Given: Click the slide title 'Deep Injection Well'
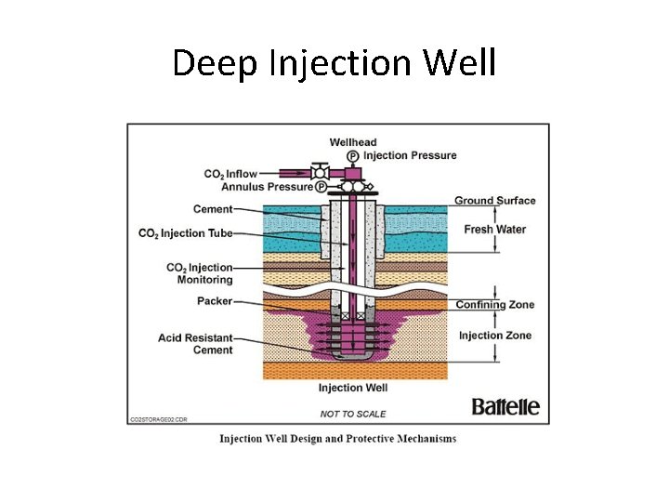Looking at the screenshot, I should click(334, 63).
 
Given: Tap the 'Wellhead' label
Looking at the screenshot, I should click(353, 142).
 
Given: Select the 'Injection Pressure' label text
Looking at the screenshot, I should click(410, 155).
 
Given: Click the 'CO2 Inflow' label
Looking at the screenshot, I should click(230, 174).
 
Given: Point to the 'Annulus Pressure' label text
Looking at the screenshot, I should click(267, 187).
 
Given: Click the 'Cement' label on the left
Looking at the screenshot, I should click(213, 209).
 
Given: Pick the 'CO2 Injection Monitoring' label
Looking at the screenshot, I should click(200, 274).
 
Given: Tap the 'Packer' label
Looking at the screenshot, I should click(215, 301).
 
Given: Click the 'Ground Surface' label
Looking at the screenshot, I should click(495, 201).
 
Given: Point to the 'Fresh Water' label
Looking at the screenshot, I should click(494, 230).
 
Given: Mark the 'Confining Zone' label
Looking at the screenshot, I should click(494, 305).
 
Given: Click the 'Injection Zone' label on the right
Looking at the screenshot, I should click(494, 336).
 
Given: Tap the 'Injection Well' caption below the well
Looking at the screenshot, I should click(353, 388).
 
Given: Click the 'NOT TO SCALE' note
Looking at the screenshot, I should click(353, 414).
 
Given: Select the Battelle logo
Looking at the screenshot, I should click(505, 407).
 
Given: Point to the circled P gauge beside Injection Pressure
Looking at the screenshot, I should click(353, 155).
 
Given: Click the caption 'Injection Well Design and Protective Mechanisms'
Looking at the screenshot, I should click(337, 439).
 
